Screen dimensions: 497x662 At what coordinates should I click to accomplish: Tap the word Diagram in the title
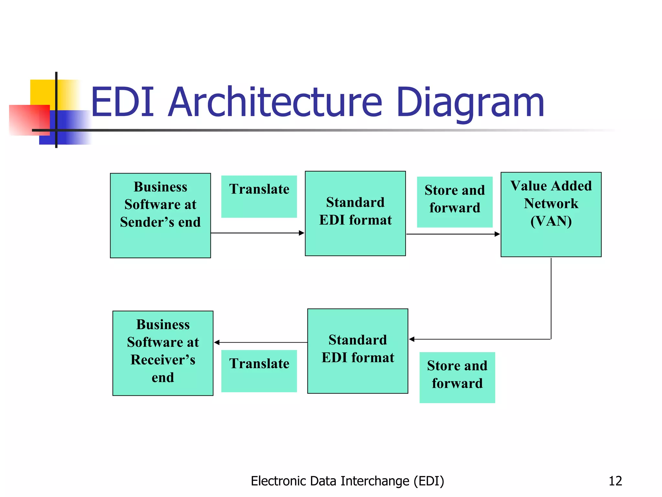pyautogui.click(x=470, y=103)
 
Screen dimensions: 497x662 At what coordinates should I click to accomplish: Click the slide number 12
pyautogui.click(x=615, y=481)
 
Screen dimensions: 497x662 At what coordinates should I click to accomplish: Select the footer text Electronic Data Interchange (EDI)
pyautogui.click(x=347, y=481)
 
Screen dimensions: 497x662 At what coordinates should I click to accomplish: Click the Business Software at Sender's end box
pyautogui.click(x=160, y=215)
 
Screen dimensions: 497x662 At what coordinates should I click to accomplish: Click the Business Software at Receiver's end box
pyautogui.click(x=163, y=353)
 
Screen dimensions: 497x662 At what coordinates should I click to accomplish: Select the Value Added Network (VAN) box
pyautogui.click(x=551, y=214)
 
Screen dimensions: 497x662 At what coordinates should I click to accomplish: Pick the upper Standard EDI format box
pyautogui.click(x=355, y=213)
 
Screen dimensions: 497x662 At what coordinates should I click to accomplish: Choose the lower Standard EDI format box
pyautogui.click(x=358, y=351)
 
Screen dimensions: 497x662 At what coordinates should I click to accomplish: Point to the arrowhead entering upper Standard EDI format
pyautogui.click(x=302, y=233)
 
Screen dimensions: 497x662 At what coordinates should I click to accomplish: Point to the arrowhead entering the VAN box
pyautogui.click(x=497, y=234)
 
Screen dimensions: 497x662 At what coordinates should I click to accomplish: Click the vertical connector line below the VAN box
pyautogui.click(x=551, y=298)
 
